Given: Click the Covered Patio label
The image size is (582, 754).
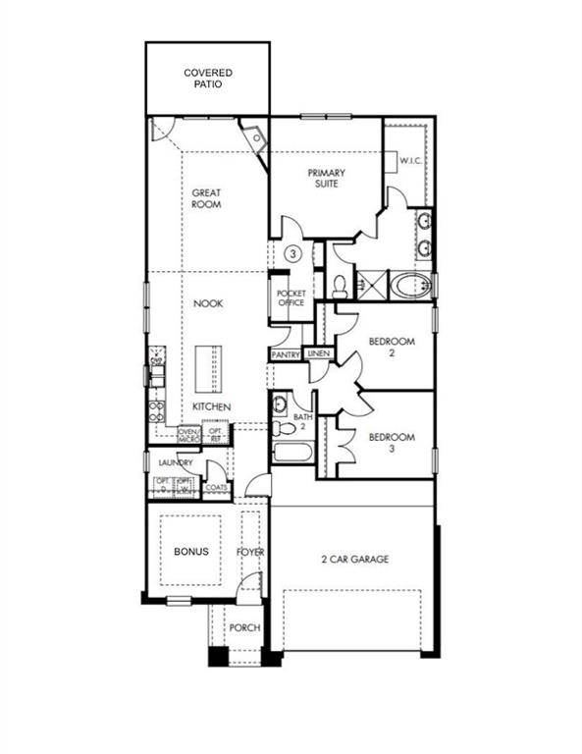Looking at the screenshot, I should click(207, 79).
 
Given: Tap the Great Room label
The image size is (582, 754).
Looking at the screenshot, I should click(206, 198).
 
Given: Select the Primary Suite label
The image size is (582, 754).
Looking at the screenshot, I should click(326, 178).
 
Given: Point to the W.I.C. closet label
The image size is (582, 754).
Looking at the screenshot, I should click(410, 162).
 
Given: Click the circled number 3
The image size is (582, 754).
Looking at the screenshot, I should click(292, 253).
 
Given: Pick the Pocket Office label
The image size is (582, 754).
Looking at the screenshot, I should click(291, 298).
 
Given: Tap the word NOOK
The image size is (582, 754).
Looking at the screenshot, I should click(207, 304).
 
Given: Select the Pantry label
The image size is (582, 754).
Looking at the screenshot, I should click(286, 353).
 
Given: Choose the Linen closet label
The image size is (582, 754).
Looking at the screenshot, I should click(318, 353).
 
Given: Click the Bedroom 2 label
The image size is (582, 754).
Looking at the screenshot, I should click(392, 348).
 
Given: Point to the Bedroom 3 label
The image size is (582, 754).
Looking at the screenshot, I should click(392, 443).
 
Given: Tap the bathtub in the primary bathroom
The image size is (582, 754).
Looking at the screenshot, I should click(409, 287).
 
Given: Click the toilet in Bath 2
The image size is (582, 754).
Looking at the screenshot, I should click(286, 428).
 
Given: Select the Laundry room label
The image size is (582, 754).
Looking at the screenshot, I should click(176, 462).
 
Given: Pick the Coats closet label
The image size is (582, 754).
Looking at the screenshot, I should click(217, 487).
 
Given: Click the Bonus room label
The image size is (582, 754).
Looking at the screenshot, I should click(192, 552).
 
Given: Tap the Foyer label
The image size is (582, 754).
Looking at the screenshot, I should click(250, 553).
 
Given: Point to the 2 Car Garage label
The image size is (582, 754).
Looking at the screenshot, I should click(354, 559).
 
